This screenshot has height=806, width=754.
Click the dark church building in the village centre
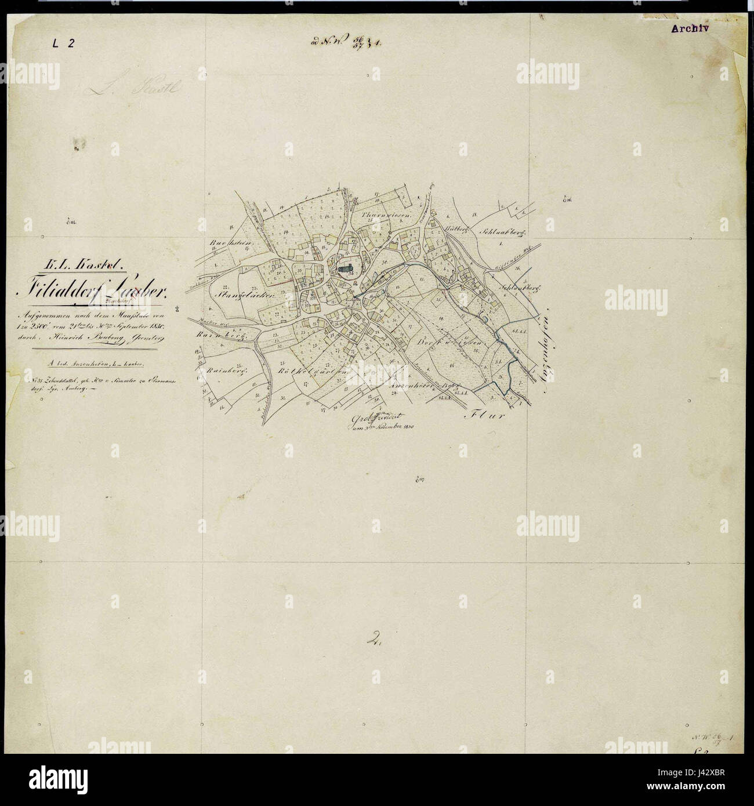point(346,268)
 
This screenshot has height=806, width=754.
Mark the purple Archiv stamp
point(690,27)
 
